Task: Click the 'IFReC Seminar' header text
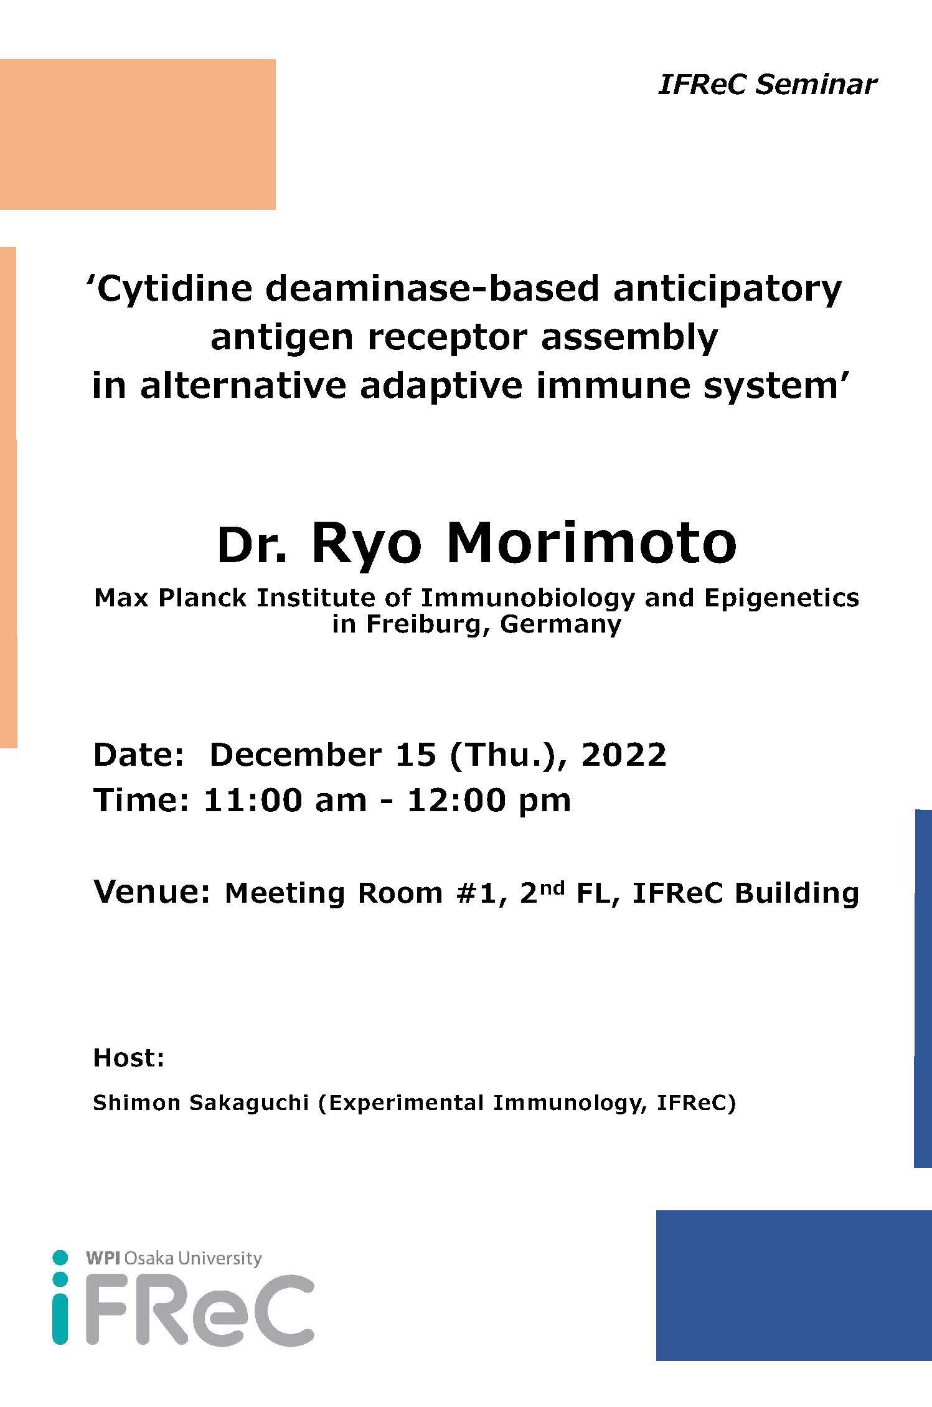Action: (x=767, y=84)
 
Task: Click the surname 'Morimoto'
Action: (x=591, y=542)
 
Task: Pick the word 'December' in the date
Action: (x=303, y=755)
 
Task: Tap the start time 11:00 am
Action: (x=285, y=800)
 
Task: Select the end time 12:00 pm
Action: (x=489, y=800)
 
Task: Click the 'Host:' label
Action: (x=129, y=1058)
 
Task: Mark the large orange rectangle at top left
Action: (x=138, y=134)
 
